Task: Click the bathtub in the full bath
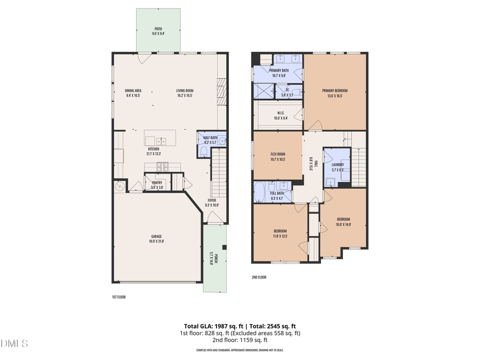[x=259, y=193]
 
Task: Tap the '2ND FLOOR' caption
[x=259, y=277]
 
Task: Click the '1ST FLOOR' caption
[x=118, y=297]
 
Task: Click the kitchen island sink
[x=163, y=141]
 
